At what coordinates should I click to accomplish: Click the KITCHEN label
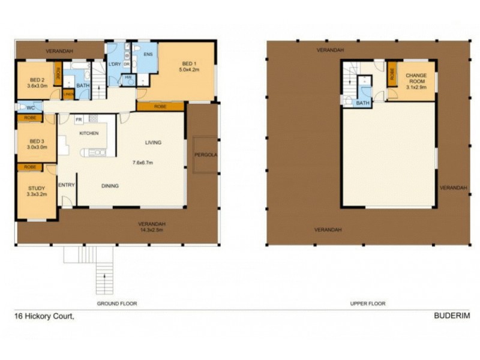pyautogui.click(x=88, y=133)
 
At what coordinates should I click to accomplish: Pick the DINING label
pyautogui.click(x=110, y=186)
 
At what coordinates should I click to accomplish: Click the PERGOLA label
pyautogui.click(x=205, y=155)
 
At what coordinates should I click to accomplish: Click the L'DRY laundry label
pyautogui.click(x=114, y=64)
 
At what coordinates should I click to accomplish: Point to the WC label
pyautogui.click(x=30, y=108)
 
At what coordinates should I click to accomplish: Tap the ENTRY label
pyautogui.click(x=66, y=185)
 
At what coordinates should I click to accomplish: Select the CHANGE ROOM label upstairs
pyautogui.click(x=416, y=79)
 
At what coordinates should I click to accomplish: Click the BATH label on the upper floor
pyautogui.click(x=363, y=103)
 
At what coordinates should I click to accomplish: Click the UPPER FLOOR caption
pyautogui.click(x=368, y=304)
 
